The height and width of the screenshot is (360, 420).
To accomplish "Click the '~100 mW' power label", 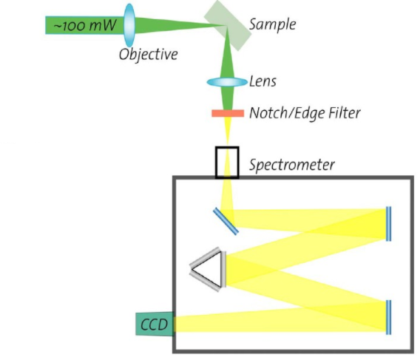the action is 85,25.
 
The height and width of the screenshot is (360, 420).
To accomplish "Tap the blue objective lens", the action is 129,25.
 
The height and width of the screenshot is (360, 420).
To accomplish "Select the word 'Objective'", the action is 149,55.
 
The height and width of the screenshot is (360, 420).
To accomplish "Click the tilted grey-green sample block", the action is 228,25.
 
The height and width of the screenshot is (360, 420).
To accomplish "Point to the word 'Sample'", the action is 272,24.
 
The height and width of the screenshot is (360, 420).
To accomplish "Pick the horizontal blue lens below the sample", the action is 227,82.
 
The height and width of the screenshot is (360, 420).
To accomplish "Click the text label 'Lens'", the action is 262,81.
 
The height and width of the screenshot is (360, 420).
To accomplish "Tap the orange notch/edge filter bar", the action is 228,113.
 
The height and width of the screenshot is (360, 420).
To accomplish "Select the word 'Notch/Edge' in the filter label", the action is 287,113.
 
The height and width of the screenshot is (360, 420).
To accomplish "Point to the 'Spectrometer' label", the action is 292,165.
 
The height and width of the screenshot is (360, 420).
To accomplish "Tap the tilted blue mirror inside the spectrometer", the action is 226,222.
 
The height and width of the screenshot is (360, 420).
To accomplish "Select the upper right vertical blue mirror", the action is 388,224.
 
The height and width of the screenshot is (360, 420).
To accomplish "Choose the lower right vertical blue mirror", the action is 388,317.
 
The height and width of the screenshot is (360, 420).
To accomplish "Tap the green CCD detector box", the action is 155,324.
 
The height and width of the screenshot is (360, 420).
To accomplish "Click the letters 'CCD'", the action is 154,325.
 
